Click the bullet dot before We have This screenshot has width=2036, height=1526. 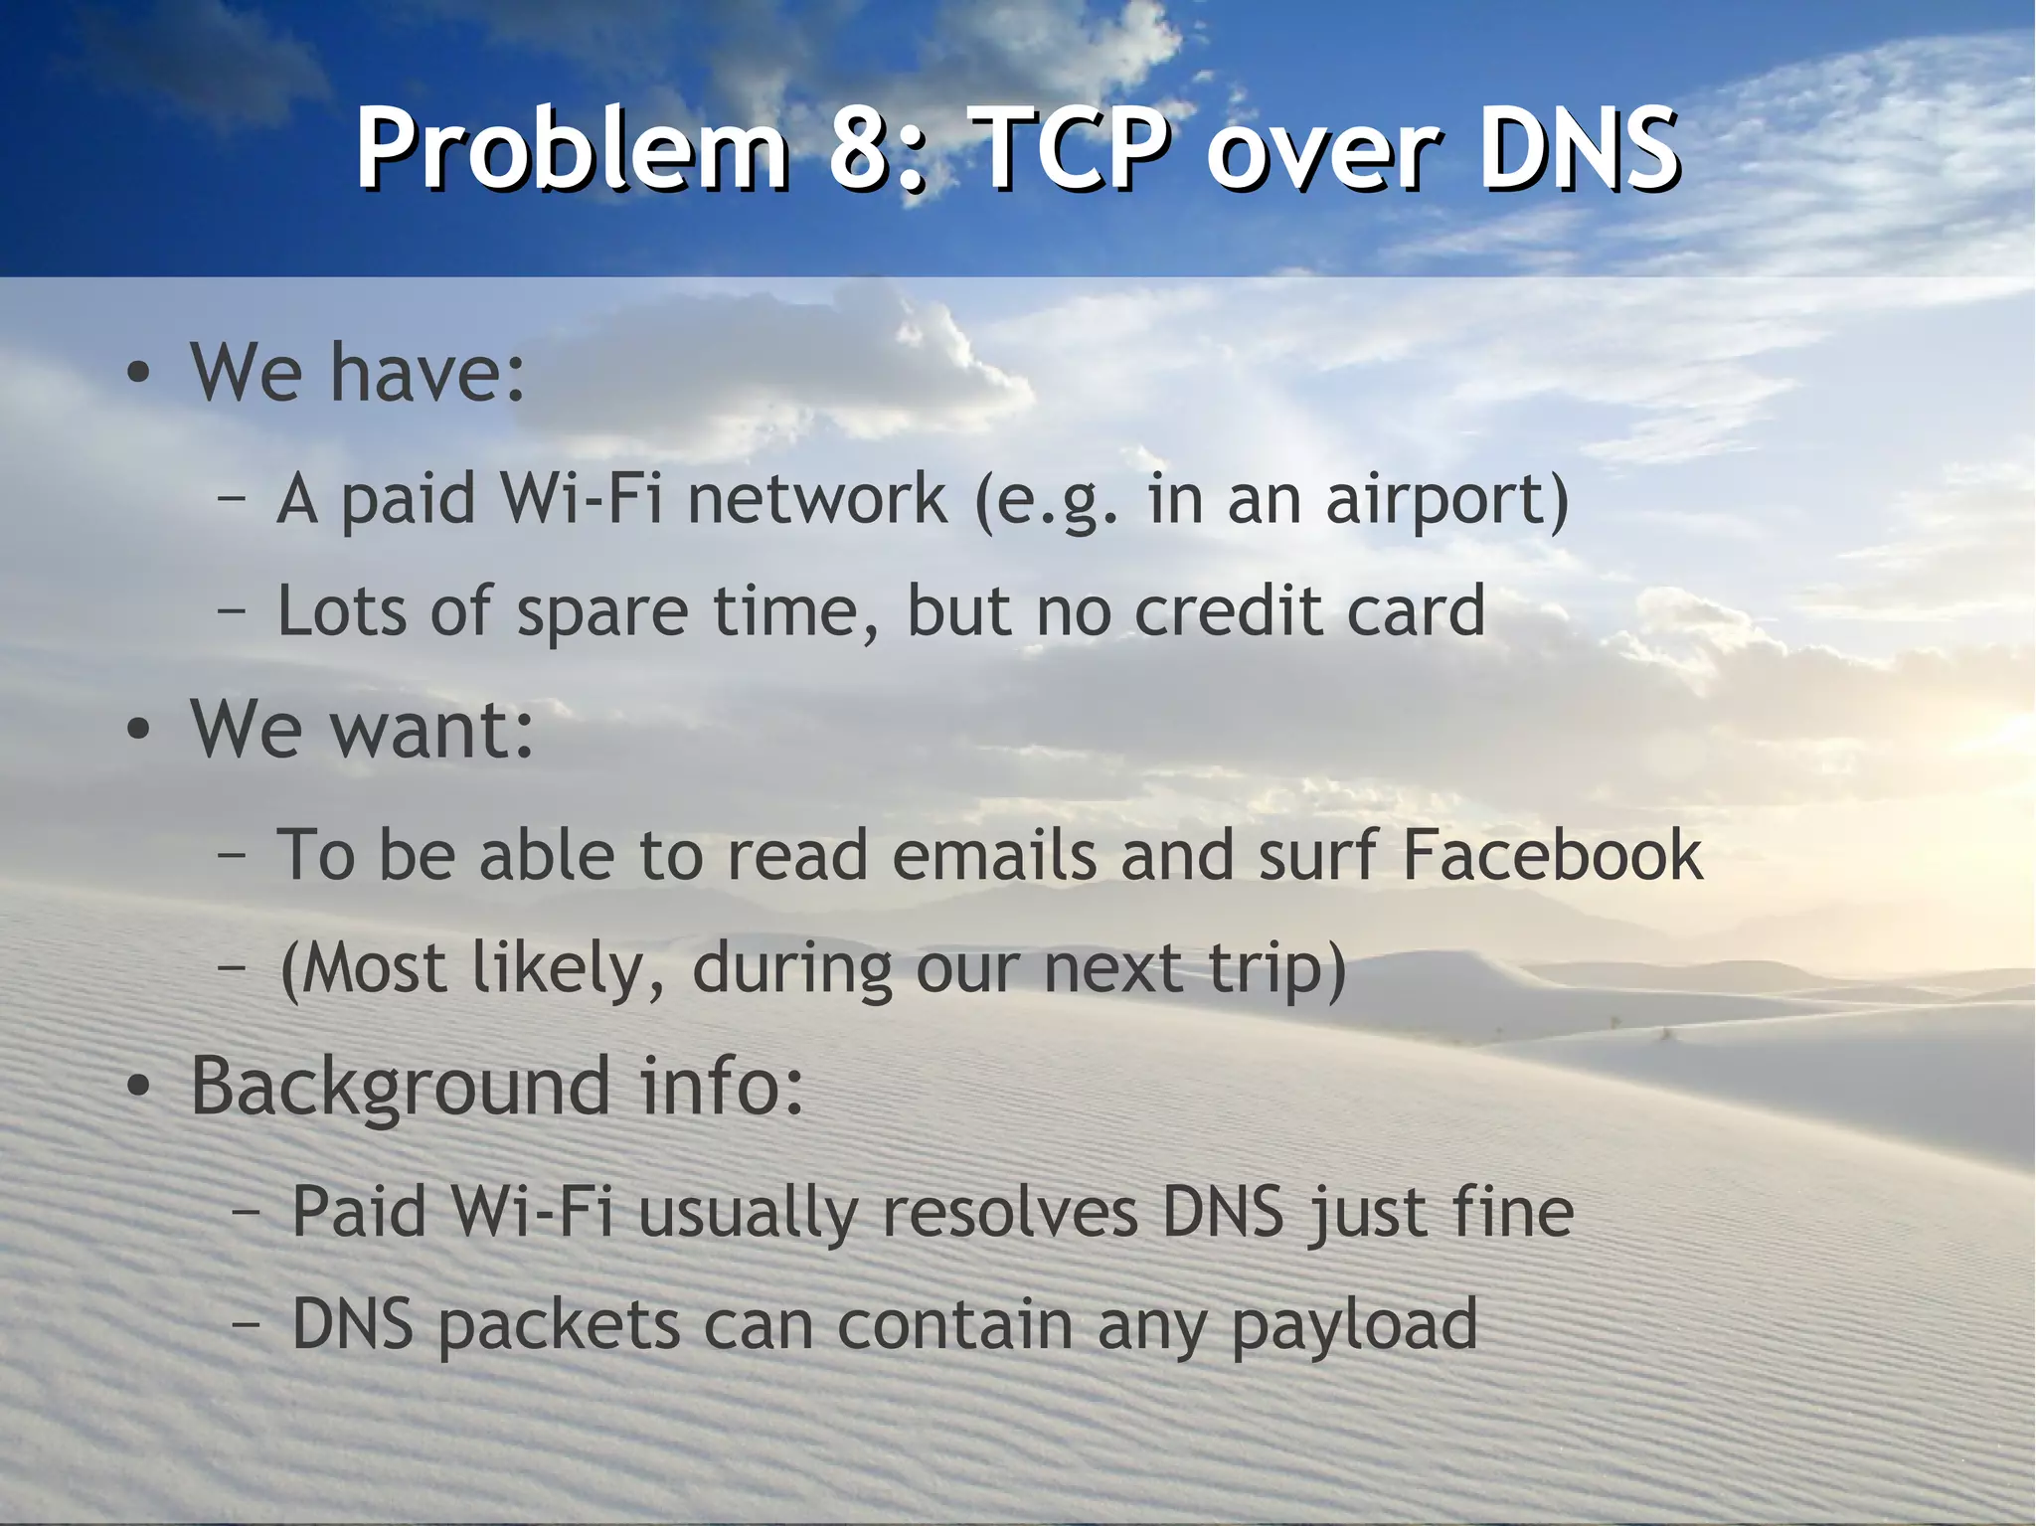(139, 375)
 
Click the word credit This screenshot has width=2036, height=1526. (1228, 611)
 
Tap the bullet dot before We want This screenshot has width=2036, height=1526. (139, 732)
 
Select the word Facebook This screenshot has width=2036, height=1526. (1552, 855)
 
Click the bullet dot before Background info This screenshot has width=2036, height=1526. (139, 1089)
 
